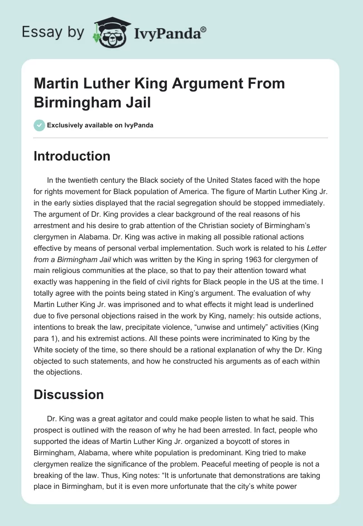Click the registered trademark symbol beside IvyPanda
pyautogui.click(x=204, y=29)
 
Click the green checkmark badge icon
pyautogui.click(x=39, y=125)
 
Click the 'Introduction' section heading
pyautogui.click(x=72, y=156)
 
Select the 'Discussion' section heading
pyautogui.click(x=69, y=394)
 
